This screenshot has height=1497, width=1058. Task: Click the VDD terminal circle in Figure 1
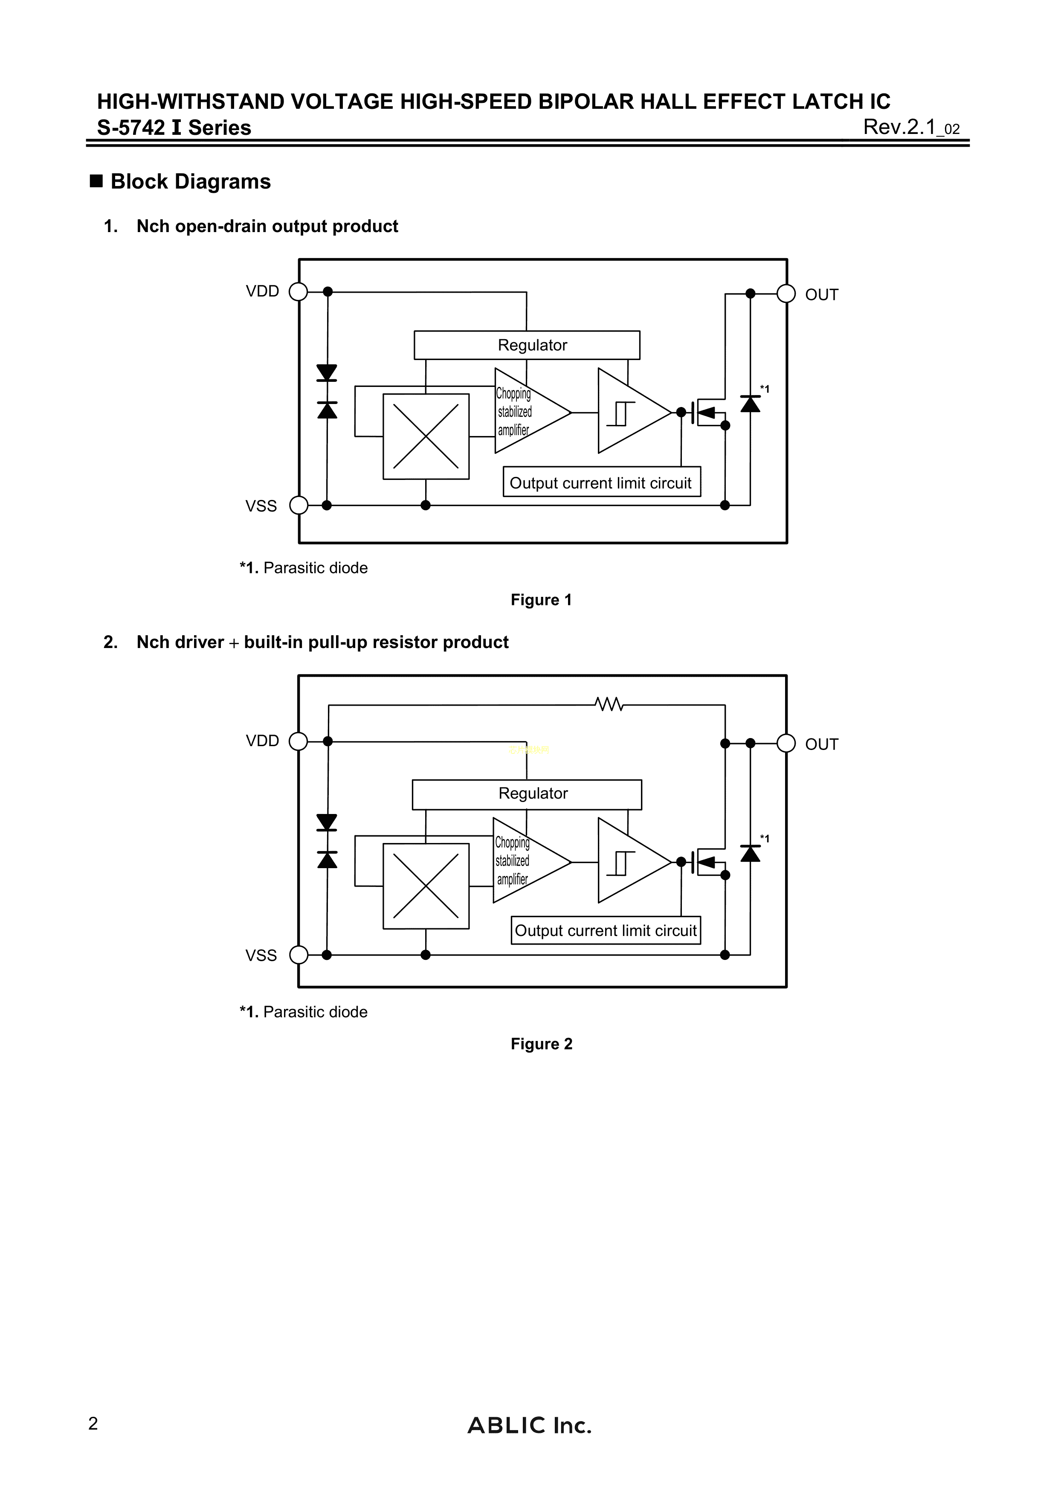[x=298, y=291]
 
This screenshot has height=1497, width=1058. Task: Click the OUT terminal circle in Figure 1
[x=786, y=294]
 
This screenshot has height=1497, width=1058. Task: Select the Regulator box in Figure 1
[x=527, y=345]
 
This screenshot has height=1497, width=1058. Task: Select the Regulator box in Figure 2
[x=527, y=794]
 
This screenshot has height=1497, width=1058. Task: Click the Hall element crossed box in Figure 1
[x=426, y=436]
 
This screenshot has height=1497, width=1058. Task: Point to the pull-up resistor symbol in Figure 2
[x=609, y=704]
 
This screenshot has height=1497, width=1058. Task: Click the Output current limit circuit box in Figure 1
[x=601, y=483]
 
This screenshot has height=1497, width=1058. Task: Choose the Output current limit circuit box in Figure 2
[x=606, y=930]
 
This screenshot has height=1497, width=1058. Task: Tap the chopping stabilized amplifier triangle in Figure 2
[x=525, y=860]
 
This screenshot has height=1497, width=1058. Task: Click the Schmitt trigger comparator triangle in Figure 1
[x=629, y=411]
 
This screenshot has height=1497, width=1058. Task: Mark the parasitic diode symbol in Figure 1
[x=750, y=404]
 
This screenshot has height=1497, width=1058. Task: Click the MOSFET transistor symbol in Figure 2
[x=707, y=862]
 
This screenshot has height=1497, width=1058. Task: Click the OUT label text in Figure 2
[x=821, y=744]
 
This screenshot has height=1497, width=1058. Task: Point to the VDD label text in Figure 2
[x=262, y=741]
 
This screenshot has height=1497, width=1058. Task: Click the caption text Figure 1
[x=541, y=600]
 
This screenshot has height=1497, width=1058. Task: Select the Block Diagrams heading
[x=190, y=181]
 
